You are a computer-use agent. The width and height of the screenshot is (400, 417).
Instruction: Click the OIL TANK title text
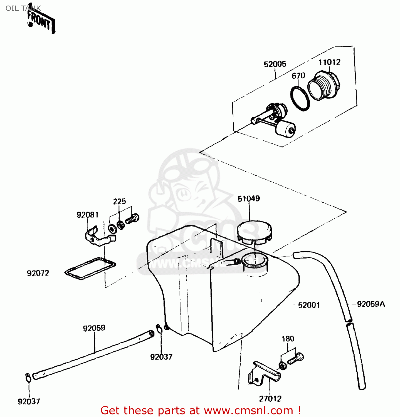23,8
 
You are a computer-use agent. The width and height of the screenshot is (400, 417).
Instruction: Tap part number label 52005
275,64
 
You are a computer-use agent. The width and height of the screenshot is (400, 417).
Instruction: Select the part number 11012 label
329,62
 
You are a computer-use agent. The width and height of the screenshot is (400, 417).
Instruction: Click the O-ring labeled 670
300,98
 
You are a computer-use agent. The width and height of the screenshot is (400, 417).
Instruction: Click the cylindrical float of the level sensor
285,129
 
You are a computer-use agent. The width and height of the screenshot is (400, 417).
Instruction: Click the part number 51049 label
249,199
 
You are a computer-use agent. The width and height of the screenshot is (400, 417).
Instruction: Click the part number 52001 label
309,305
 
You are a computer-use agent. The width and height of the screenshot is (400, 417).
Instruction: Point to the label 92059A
371,304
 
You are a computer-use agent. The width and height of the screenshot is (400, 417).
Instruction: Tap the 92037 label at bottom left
29,401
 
